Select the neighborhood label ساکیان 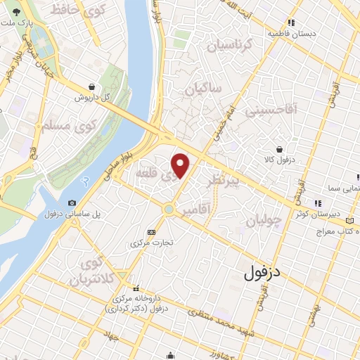click(x=203, y=89)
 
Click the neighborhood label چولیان click(x=264, y=220)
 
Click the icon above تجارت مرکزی click(x=151, y=233)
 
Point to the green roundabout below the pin click(x=169, y=209)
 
